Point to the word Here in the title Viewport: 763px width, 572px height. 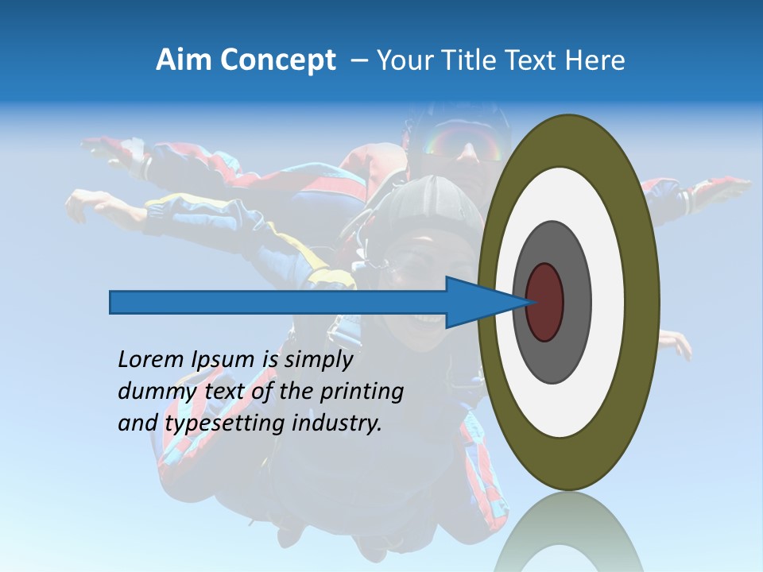pos(595,60)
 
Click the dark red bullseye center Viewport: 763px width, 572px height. pos(544,302)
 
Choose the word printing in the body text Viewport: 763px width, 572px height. pos(361,392)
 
